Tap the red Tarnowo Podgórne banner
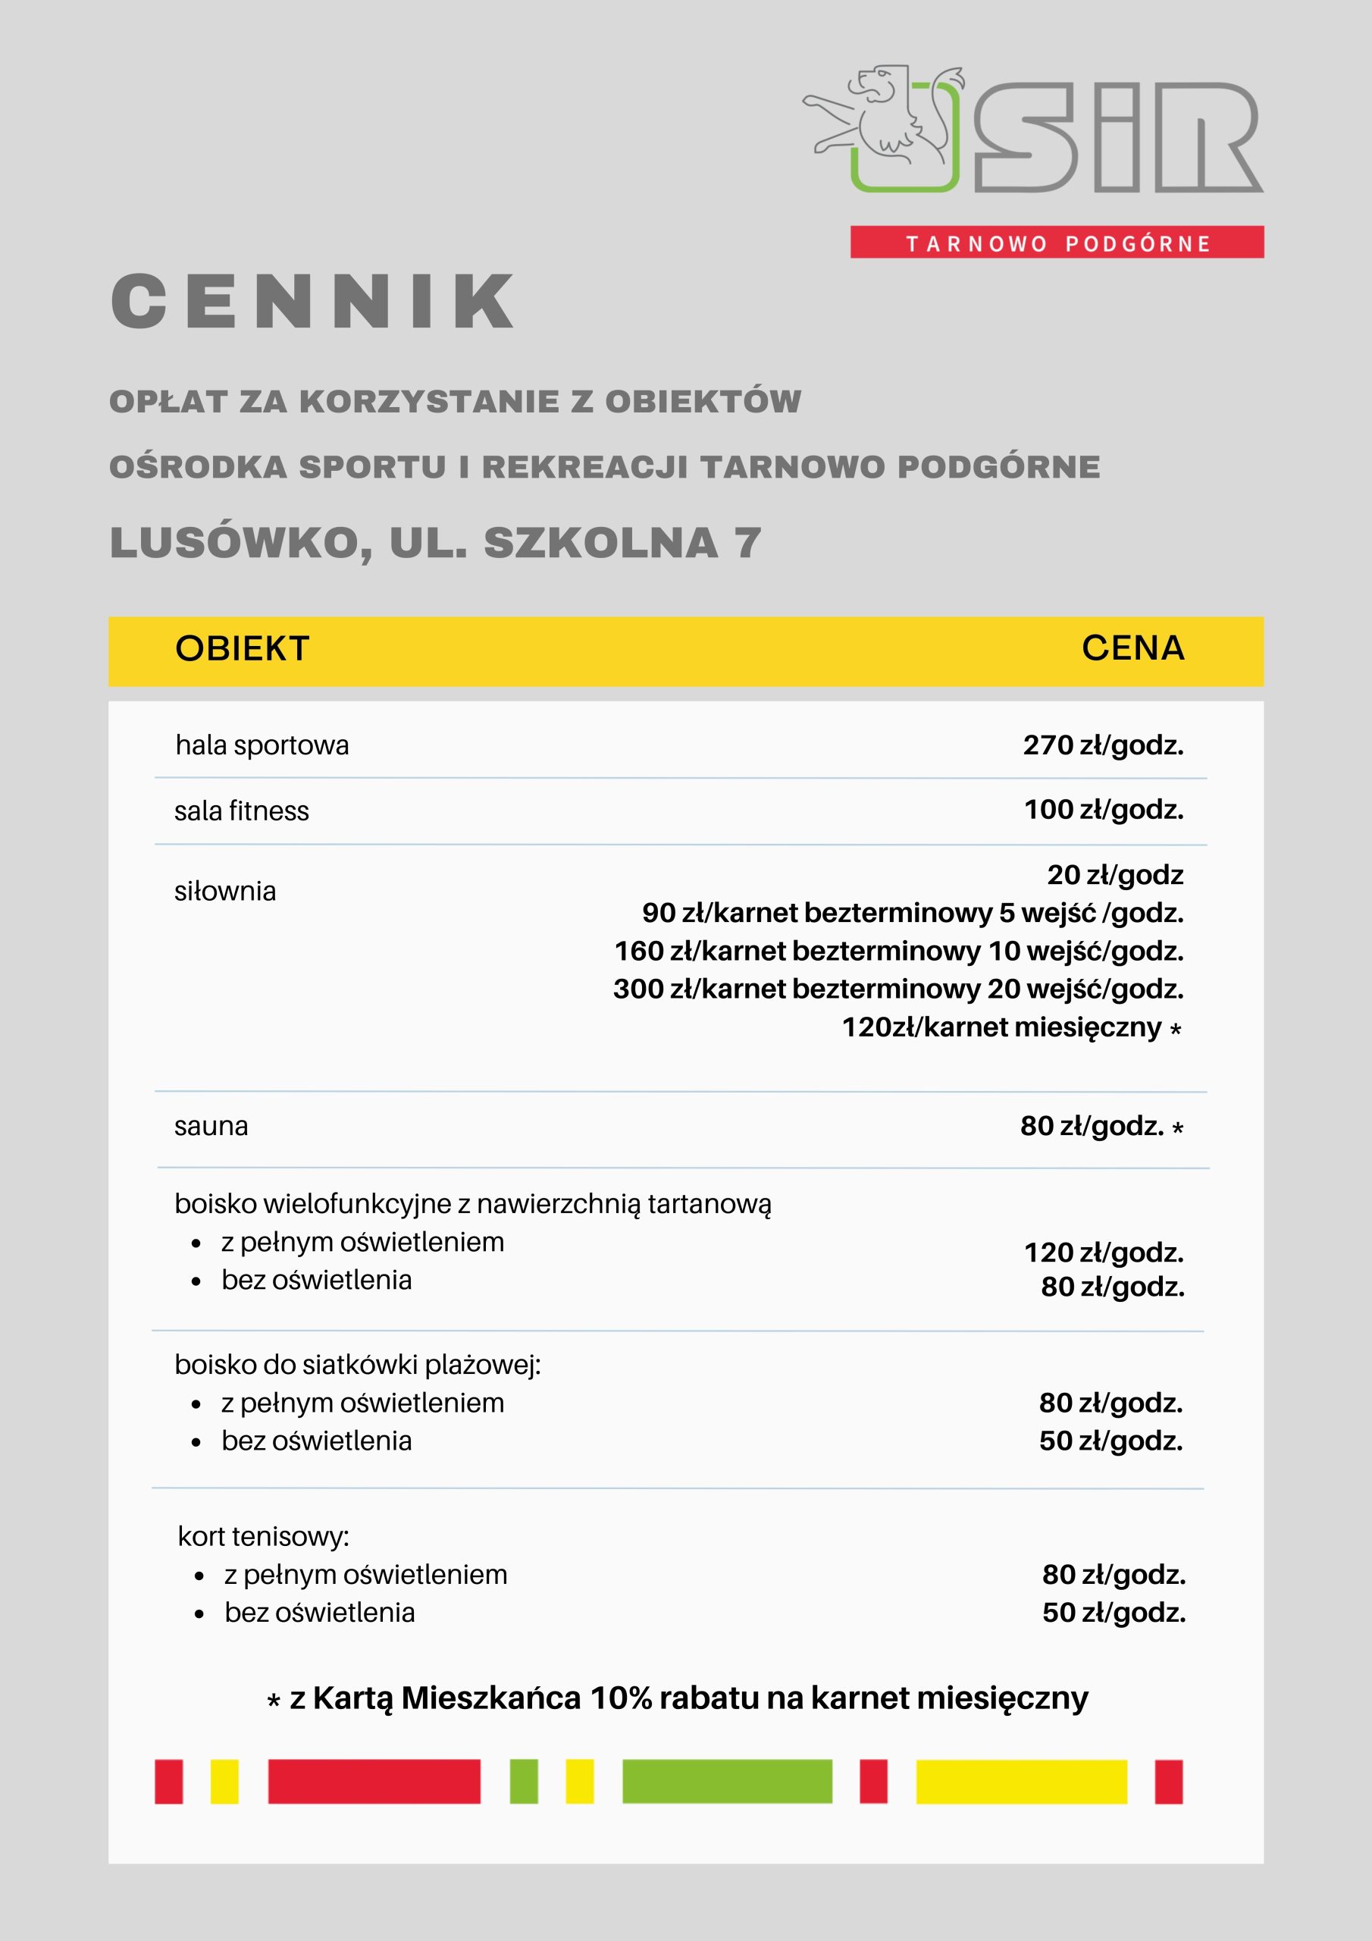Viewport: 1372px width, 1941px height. coord(1057,243)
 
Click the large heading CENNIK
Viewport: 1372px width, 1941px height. coord(312,302)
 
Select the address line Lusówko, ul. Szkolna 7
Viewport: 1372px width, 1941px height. coord(435,543)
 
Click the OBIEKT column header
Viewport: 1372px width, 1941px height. coord(243,648)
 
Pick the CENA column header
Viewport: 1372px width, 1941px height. coord(1132,648)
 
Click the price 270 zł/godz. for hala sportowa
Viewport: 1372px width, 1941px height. coord(1102,745)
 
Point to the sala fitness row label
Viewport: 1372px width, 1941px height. coord(242,811)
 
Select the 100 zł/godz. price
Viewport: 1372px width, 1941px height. coord(1103,810)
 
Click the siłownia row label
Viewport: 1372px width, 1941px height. coord(225,891)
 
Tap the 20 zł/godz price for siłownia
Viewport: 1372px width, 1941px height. coord(1114,875)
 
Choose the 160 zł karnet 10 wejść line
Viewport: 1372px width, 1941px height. coord(898,951)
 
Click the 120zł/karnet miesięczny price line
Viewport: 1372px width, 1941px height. coord(1002,1027)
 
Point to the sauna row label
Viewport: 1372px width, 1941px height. coord(211,1126)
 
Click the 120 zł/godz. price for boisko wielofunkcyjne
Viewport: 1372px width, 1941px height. coord(1103,1252)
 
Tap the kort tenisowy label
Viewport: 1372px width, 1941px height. coord(263,1536)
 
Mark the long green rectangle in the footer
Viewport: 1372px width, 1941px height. coord(727,1781)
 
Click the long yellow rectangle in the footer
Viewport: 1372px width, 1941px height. coord(1021,1781)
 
